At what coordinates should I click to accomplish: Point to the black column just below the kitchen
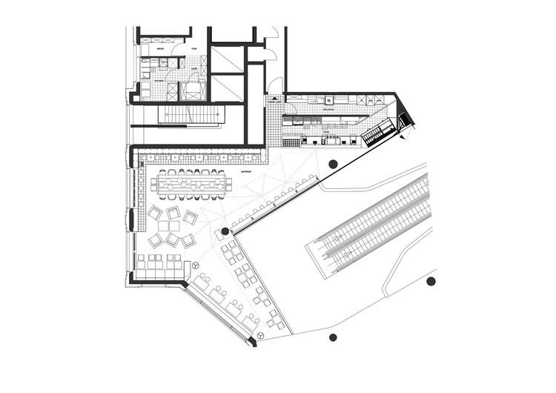333,164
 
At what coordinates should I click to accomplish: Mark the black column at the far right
431,281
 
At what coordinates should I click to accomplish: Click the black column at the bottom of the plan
333,337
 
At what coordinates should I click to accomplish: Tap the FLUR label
194,49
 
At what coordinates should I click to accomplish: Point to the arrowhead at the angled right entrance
401,136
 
